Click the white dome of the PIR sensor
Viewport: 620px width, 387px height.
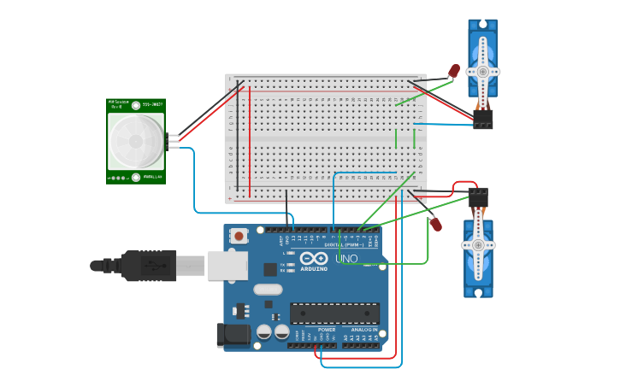[x=135, y=141]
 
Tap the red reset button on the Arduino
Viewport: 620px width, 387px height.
[x=239, y=236]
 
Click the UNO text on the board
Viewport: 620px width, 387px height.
[x=346, y=259]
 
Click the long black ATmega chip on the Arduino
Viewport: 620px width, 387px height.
[x=334, y=314]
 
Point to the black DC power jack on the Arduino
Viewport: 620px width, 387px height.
[x=232, y=335]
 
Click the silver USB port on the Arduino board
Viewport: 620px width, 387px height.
[x=227, y=266]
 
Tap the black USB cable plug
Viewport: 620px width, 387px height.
[x=150, y=266]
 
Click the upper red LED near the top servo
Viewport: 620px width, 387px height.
[x=454, y=71]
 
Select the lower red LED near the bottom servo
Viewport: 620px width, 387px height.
[x=435, y=225]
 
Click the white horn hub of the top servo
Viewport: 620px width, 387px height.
[x=482, y=72]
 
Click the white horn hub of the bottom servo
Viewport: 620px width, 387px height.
[x=478, y=246]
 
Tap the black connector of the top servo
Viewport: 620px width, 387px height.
[x=483, y=120]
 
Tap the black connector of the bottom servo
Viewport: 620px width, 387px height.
[x=478, y=197]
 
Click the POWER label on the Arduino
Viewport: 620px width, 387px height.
[x=327, y=329]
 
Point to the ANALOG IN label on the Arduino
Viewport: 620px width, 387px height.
[x=363, y=329]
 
